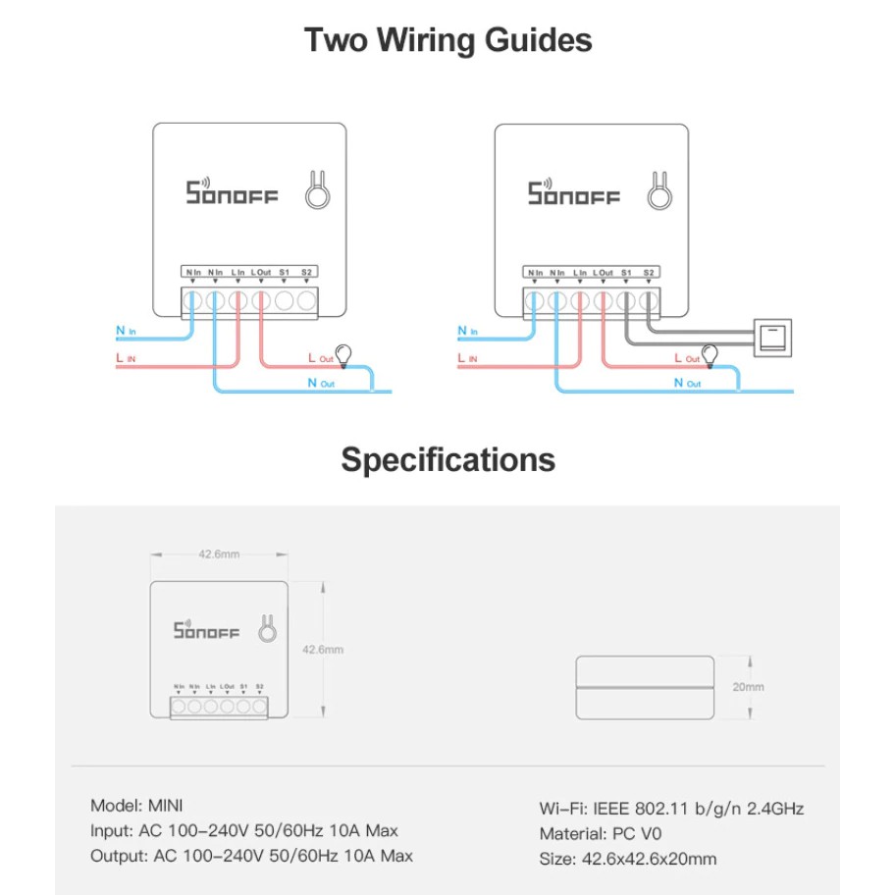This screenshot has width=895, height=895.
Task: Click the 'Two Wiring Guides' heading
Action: (447, 41)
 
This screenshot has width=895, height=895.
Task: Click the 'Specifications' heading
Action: (447, 459)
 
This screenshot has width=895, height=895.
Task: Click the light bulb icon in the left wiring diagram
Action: (343, 353)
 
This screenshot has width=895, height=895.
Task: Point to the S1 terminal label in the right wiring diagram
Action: (626, 272)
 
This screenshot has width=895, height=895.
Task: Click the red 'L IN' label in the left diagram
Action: (126, 360)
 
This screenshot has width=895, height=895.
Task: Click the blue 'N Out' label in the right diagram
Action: (689, 383)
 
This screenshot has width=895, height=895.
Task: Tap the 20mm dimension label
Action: (748, 687)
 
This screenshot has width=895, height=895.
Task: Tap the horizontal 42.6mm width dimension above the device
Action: (219, 554)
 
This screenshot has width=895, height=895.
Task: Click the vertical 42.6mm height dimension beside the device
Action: (323, 650)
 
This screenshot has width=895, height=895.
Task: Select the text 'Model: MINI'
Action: (132, 806)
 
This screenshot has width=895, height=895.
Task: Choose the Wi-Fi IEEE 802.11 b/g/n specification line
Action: (671, 809)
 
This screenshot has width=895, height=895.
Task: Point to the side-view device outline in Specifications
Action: (644, 687)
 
